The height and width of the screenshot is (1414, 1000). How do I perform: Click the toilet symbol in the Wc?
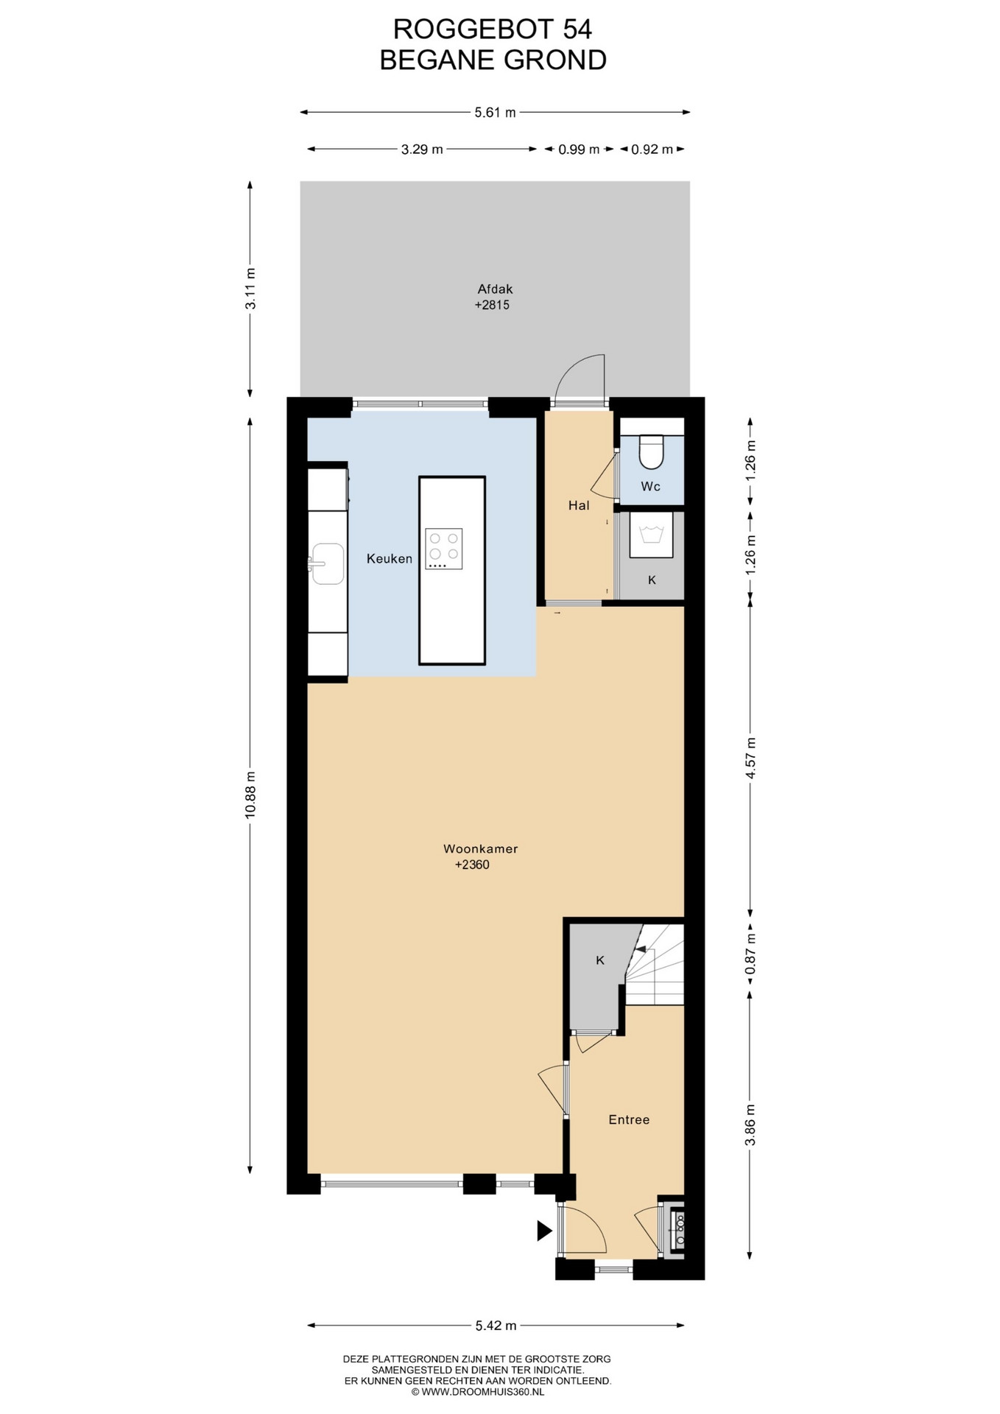tap(651, 451)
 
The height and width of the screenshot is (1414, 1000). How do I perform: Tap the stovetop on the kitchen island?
tap(444, 549)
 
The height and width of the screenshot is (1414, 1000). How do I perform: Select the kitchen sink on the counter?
tap(327, 564)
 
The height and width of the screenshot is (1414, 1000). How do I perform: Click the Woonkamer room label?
tap(480, 848)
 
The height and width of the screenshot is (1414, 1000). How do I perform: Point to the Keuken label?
tap(390, 559)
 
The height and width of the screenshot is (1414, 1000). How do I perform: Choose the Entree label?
tap(629, 1119)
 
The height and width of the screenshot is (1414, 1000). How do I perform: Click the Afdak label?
tap(495, 289)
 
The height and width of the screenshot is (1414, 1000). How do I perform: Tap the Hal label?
tap(579, 505)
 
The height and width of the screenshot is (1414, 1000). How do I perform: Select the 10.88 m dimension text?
tap(250, 795)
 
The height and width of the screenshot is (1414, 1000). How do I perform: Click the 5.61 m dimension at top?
tap(495, 113)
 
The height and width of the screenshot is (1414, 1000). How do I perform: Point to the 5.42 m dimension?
tap(496, 1326)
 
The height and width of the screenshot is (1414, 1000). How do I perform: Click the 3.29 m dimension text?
tap(422, 150)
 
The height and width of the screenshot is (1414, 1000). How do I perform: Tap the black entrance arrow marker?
tap(544, 1231)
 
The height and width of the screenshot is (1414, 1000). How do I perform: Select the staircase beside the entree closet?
tap(655, 965)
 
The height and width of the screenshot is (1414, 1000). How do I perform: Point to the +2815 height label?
tap(492, 305)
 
